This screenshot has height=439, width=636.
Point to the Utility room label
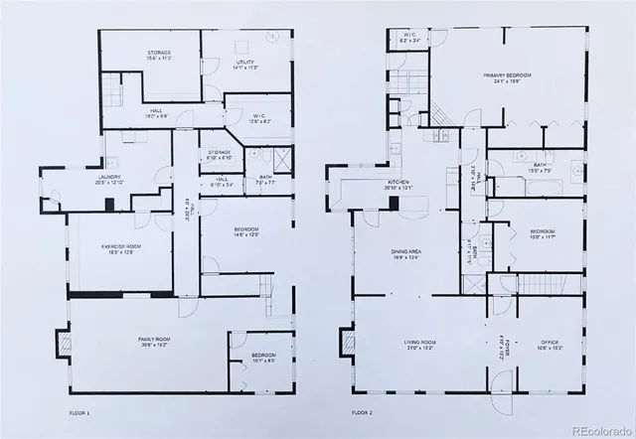pyautogui.click(x=245, y=66)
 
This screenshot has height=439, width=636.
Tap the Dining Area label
pyautogui.click(x=407, y=254)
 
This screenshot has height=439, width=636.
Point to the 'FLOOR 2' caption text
pyautogui.click(x=364, y=412)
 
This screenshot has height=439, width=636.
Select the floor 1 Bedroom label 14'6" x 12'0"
pyautogui.click(x=246, y=232)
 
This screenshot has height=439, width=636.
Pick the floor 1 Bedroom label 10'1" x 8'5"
pyautogui.click(x=263, y=358)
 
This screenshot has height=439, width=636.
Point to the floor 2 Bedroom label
pyautogui.click(x=542, y=234)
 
